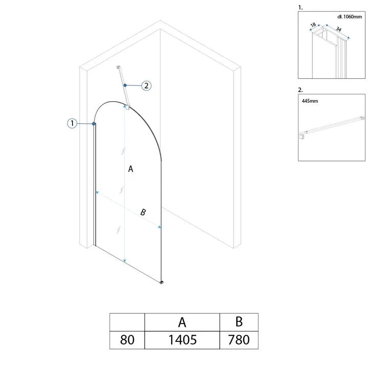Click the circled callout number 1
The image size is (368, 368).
[72, 123]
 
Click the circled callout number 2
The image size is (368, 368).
[146, 86]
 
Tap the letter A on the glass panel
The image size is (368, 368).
[130, 169]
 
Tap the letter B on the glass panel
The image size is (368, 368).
[143, 212]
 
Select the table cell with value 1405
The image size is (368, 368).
[182, 340]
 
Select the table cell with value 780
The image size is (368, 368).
[239, 340]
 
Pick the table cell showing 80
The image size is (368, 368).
[127, 340]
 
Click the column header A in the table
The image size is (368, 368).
[182, 322]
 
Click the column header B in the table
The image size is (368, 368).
[239, 322]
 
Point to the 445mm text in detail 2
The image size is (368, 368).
[310, 101]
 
